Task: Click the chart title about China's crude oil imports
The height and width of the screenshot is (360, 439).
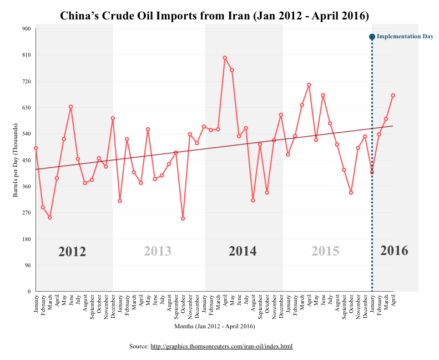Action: point(214,16)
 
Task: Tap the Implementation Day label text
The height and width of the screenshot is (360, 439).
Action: point(405,37)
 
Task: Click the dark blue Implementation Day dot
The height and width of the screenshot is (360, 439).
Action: point(372,37)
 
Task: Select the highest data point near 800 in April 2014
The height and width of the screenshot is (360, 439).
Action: point(225,58)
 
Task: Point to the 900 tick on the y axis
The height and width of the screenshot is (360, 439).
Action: point(26,28)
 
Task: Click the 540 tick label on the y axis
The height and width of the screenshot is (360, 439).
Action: point(26,134)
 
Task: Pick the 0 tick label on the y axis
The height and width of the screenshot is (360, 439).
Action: point(29,291)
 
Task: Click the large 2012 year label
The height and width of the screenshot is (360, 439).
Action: point(72,252)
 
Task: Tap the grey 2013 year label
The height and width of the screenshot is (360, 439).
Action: point(158,251)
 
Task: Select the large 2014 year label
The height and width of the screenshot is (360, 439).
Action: point(243,251)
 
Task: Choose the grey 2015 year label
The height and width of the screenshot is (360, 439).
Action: point(325,251)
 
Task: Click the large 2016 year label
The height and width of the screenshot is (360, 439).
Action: point(394,251)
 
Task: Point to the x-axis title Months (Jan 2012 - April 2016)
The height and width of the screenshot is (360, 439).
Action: point(214,326)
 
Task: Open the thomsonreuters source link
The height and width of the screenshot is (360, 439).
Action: point(221,346)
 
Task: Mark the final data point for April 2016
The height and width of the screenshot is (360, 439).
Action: point(393,96)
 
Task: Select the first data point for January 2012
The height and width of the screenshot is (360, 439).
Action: point(36,148)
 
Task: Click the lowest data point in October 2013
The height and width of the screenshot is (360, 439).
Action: point(183,218)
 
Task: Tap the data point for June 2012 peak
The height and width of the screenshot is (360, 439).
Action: point(70,107)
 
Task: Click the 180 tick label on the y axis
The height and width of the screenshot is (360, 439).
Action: point(26,239)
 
